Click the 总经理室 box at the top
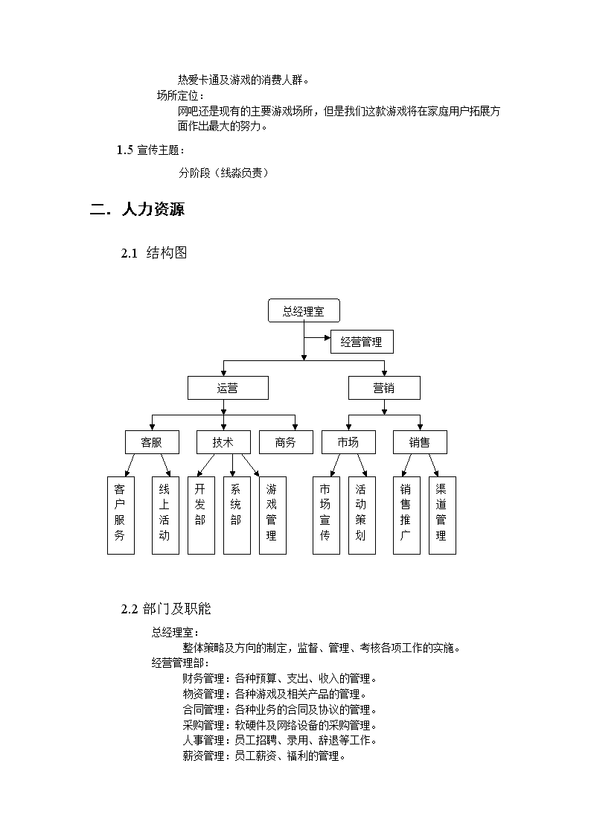coord(304,310)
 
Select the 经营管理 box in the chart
coord(362,342)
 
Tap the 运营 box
coord(228,388)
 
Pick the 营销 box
coord(384,388)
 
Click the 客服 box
coord(152,442)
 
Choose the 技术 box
coord(223,442)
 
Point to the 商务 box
coord(286,442)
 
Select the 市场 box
coord(348,442)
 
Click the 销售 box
coord(420,442)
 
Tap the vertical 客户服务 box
coord(121,515)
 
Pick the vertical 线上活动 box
coord(165,515)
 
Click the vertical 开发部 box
coord(202,515)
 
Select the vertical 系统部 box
coord(237,515)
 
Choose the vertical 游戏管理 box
coord(273,515)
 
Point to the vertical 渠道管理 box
coord(442,515)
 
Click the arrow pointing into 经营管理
coord(318,337)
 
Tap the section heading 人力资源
coord(153,209)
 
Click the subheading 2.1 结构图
coord(154,252)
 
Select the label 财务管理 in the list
coord(203,679)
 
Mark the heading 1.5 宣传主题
coord(151,150)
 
